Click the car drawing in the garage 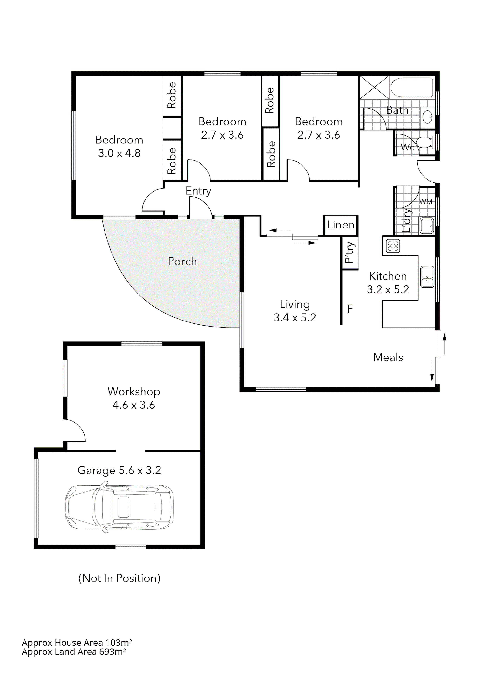pos(119,507)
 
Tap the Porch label pos(182,261)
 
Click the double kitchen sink pos(427,277)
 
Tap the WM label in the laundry pos(426,202)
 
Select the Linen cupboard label pos(341,225)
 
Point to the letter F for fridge pos(350,309)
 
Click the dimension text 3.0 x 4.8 pos(119,153)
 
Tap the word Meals pos(388,357)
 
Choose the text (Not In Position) pos(119,578)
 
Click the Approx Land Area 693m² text pos(74,652)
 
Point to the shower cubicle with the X pos(374,87)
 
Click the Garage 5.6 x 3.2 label pos(119,470)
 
